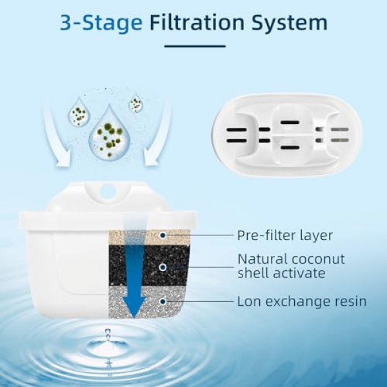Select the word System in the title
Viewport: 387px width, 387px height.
294,23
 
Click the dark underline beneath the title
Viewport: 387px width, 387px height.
193,46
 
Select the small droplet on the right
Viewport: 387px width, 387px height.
136,103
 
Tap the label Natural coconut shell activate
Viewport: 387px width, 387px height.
291,266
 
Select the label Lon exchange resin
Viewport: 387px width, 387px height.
301,301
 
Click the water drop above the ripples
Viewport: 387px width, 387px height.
108,333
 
